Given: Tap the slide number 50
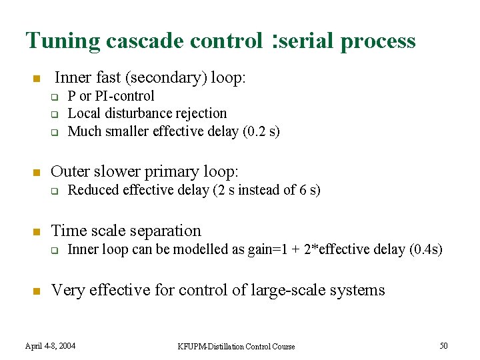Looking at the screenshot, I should pos(443,345).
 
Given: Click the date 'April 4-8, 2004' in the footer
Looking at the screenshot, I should pos(50,346).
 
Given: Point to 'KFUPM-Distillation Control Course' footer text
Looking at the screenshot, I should pos(236,346).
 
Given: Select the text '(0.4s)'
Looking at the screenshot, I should pos(425,249).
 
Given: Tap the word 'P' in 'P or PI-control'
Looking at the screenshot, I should pos(72,96).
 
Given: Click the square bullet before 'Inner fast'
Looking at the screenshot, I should pos(37,79).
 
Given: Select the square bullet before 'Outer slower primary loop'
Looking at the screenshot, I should pos(37,173).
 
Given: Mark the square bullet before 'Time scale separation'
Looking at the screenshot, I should pos(37,232).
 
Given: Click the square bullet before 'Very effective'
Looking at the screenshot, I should pos(37,291).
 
